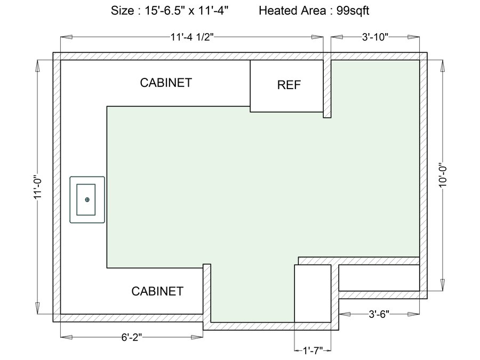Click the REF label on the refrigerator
point(289,85)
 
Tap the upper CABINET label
point(166,83)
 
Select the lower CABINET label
point(157,291)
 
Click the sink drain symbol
point(87,199)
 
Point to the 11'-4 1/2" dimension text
point(191,37)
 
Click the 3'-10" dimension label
point(375,37)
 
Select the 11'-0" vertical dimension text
point(37,187)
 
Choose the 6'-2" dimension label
point(132,338)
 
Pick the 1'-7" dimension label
point(313,350)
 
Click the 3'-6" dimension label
point(379,314)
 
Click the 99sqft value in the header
point(353,11)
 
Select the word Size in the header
point(123,11)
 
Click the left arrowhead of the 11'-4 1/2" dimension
point(67,37)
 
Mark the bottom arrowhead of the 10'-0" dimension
point(443,285)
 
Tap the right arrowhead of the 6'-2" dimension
point(197,338)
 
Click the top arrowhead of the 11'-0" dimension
point(37,66)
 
